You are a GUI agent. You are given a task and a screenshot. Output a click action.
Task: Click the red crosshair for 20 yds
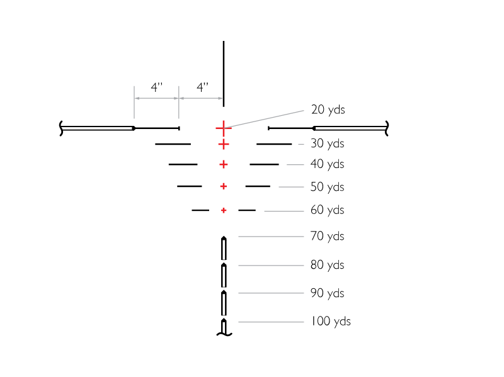click(224, 128)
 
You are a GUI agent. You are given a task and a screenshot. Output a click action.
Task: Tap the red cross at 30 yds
click(224, 144)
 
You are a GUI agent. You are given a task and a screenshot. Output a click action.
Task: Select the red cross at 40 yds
click(224, 164)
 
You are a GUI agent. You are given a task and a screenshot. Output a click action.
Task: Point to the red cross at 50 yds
click(224, 186)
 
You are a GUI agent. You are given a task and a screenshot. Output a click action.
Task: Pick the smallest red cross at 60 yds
click(224, 210)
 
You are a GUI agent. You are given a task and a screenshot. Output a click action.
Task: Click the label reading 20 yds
click(328, 110)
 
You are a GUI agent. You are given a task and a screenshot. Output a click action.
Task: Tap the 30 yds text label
click(327, 143)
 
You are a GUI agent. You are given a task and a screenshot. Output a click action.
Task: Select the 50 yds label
click(327, 187)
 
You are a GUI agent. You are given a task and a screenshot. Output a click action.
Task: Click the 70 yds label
click(327, 236)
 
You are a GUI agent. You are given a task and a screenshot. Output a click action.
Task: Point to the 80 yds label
click(327, 265)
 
